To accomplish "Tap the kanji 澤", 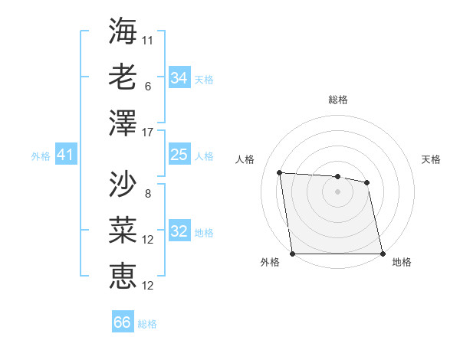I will pos(123,123).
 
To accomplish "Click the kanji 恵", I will pos(123,274).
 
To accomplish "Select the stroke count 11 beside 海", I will pos(148,39).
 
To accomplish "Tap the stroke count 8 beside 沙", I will pos(148,194).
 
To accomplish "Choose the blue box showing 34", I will pos(179,78).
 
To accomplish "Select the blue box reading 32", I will pos(179,232).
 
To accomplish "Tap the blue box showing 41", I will pos(65,155).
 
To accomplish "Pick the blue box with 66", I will pos(123,322).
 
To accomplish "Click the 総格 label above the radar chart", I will pos(337,100).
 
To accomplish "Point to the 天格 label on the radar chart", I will pos(431,159).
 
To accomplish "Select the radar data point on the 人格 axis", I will pos(280,172).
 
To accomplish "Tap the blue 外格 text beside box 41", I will pos(41,156).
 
